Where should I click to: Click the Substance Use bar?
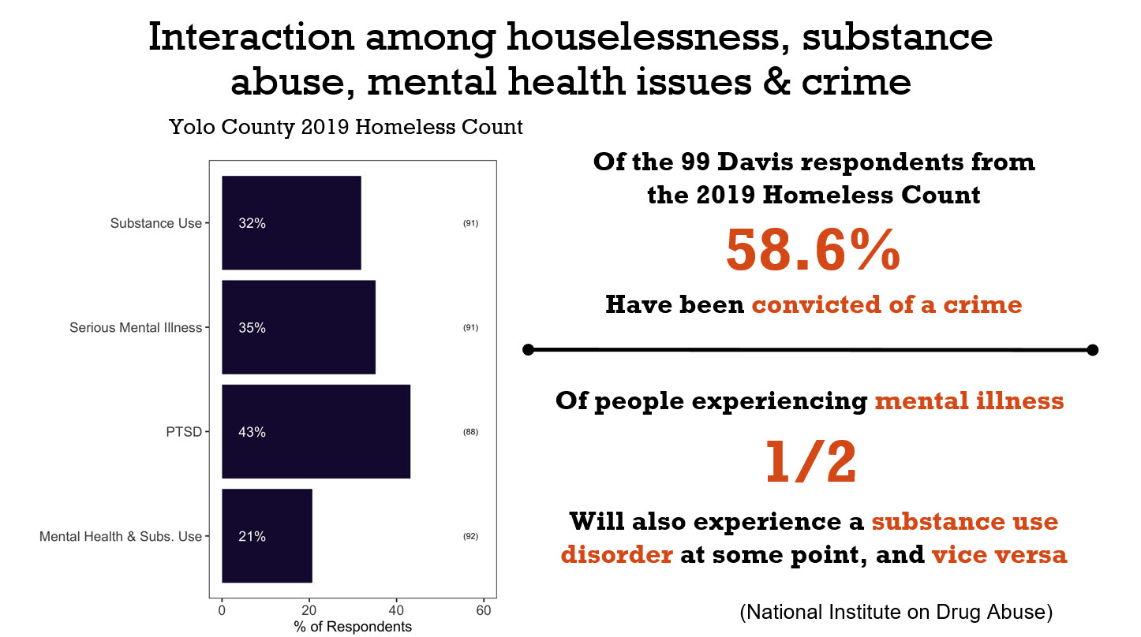pyautogui.click(x=291, y=223)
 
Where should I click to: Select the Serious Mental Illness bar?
pyautogui.click(x=298, y=328)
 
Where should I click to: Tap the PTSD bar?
pyautogui.click(x=316, y=432)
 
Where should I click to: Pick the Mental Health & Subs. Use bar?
pyautogui.click(x=267, y=536)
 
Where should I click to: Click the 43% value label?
pyautogui.click(x=252, y=432)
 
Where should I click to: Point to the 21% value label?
pyautogui.click(x=252, y=537)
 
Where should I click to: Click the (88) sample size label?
pyautogui.click(x=470, y=432)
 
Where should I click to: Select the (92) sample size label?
pyautogui.click(x=470, y=537)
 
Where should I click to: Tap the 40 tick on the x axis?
pyautogui.click(x=397, y=610)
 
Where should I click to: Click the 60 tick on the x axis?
pyautogui.click(x=484, y=610)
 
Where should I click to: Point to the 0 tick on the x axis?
pyautogui.click(x=222, y=610)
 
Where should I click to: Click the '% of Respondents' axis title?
pyautogui.click(x=353, y=628)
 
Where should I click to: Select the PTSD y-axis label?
pyautogui.click(x=185, y=432)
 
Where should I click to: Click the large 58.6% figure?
pyautogui.click(x=813, y=250)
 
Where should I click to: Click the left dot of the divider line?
pyautogui.click(x=529, y=349)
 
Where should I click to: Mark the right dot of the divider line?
pyautogui.click(x=1092, y=349)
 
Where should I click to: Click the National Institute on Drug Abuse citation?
pyautogui.click(x=896, y=612)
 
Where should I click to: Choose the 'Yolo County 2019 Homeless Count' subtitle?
pyautogui.click(x=346, y=127)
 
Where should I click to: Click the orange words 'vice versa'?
pyautogui.click(x=999, y=555)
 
